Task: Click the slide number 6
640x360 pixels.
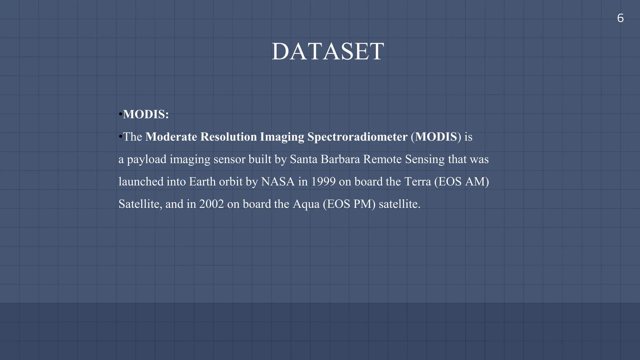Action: pyautogui.click(x=620, y=18)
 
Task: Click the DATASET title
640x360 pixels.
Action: pyautogui.click(x=328, y=52)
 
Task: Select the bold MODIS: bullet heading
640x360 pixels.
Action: pyautogui.click(x=146, y=114)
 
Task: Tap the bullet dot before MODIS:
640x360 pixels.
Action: pyautogui.click(x=120, y=114)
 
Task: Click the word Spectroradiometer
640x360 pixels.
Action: pyautogui.click(x=357, y=137)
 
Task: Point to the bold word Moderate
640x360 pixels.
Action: pyautogui.click(x=171, y=137)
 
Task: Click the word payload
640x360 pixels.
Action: pyautogui.click(x=147, y=159)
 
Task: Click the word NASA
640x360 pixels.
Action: pyautogui.click(x=278, y=182)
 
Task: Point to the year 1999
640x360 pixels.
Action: pyautogui.click(x=323, y=182)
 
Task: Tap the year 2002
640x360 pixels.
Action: pyautogui.click(x=212, y=204)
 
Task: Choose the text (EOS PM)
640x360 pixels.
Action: pyautogui.click(x=349, y=204)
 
